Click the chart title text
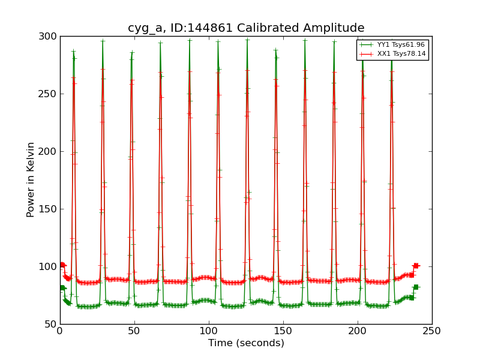coord(246,28)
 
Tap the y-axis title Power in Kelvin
coord(31,179)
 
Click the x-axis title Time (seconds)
coord(246,343)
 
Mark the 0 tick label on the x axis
coord(60,331)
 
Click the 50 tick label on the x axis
coord(134,331)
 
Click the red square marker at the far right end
coord(415,265)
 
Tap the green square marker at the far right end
coord(416,287)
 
